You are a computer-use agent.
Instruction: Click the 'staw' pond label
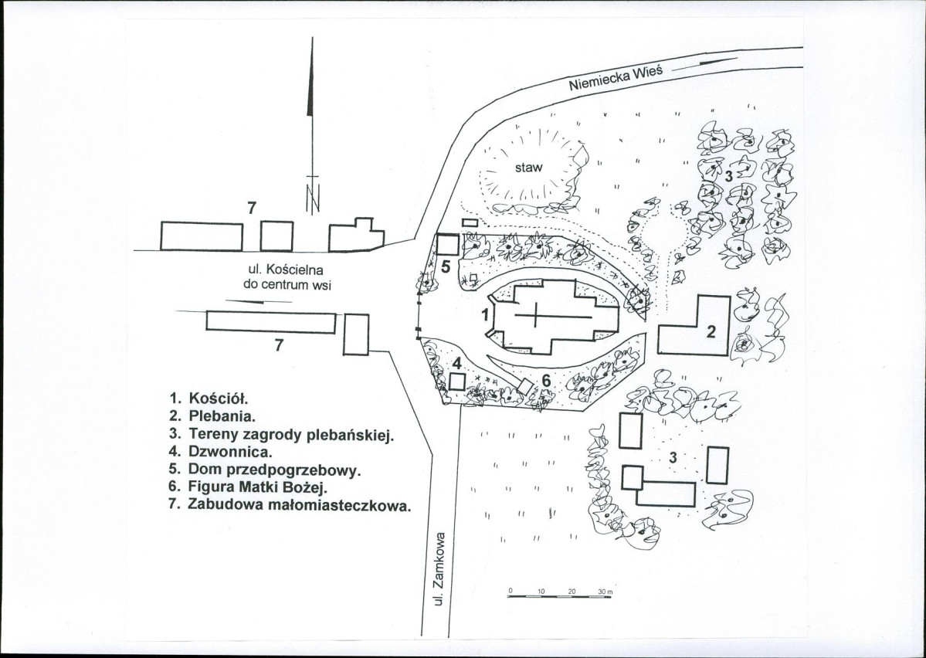528,168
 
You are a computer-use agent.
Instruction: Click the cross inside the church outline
536,316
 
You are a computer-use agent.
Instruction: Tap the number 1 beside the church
486,315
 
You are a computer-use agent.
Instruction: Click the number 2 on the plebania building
711,331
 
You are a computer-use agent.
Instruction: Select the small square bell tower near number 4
457,382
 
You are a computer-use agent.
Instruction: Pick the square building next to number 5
448,245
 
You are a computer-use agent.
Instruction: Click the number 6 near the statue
546,381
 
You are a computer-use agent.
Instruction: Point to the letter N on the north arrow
313,198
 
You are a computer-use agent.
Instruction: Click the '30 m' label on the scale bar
606,592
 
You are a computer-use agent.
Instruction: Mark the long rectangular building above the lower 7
271,322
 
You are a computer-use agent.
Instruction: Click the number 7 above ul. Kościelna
253,208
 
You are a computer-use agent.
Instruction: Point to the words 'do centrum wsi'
287,285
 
